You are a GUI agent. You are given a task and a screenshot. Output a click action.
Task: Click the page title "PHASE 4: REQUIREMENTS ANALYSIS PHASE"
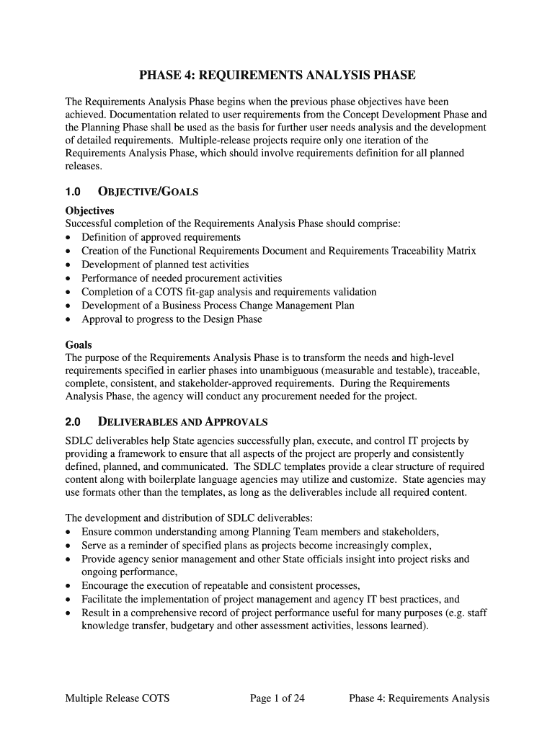click(x=277, y=76)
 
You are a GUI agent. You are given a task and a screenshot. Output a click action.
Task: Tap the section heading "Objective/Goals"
click(x=148, y=192)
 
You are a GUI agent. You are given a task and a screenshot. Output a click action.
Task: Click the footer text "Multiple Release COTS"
click(x=117, y=698)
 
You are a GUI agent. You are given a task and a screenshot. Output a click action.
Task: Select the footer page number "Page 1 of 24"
click(x=277, y=698)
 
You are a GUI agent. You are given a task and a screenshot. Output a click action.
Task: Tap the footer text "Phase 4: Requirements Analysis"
click(x=419, y=698)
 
